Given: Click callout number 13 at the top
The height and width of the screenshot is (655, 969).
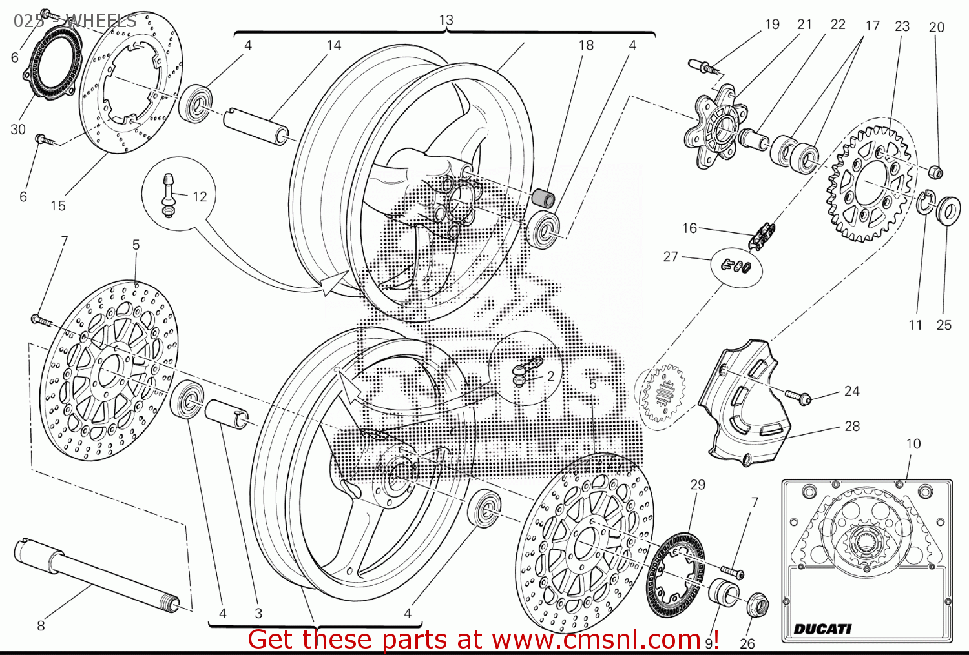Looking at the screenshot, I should (446, 20).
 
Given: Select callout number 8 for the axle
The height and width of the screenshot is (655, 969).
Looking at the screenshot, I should (41, 625).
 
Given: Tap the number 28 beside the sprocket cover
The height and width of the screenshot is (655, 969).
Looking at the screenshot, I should (852, 426).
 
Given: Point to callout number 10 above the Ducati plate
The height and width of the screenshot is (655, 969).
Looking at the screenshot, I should (913, 444).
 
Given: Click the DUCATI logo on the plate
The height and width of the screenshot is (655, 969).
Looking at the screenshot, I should (822, 629).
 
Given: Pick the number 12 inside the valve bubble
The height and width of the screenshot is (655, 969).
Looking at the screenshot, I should (200, 196).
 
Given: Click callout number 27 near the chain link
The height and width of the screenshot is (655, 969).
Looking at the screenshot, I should (671, 257).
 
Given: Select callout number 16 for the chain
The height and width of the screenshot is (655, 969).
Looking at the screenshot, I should (689, 228).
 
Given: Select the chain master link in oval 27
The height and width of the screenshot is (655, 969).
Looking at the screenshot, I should (736, 266).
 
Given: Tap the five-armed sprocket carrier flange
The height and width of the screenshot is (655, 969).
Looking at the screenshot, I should (713, 126).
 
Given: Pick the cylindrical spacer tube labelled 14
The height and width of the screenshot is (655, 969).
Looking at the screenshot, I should (256, 126).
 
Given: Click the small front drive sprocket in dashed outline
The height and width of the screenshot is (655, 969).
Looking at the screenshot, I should (662, 392).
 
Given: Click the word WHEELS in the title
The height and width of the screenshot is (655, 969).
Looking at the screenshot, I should (101, 21).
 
